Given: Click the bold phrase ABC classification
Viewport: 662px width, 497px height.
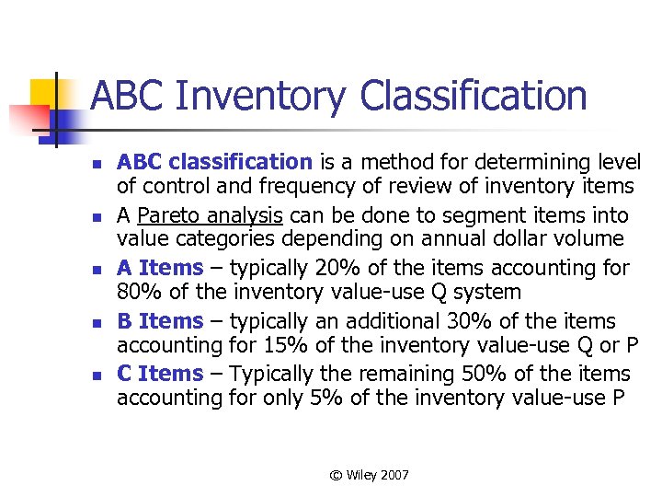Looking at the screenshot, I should pyautogui.click(x=214, y=163).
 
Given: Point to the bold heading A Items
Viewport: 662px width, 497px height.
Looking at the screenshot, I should pyautogui.click(x=159, y=269).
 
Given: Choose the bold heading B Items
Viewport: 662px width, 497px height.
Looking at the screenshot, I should pyautogui.click(x=159, y=321).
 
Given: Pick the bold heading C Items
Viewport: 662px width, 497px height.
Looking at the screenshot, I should pyautogui.click(x=159, y=374).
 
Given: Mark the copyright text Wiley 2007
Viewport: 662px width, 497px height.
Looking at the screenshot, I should pyautogui.click(x=370, y=475).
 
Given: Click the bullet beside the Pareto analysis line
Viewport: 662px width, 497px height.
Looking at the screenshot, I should pyautogui.click(x=94, y=217).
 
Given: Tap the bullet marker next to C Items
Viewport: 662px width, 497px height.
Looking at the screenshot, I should pyautogui.click(x=94, y=375).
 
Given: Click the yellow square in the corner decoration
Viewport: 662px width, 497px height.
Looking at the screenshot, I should pyautogui.click(x=46, y=92).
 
